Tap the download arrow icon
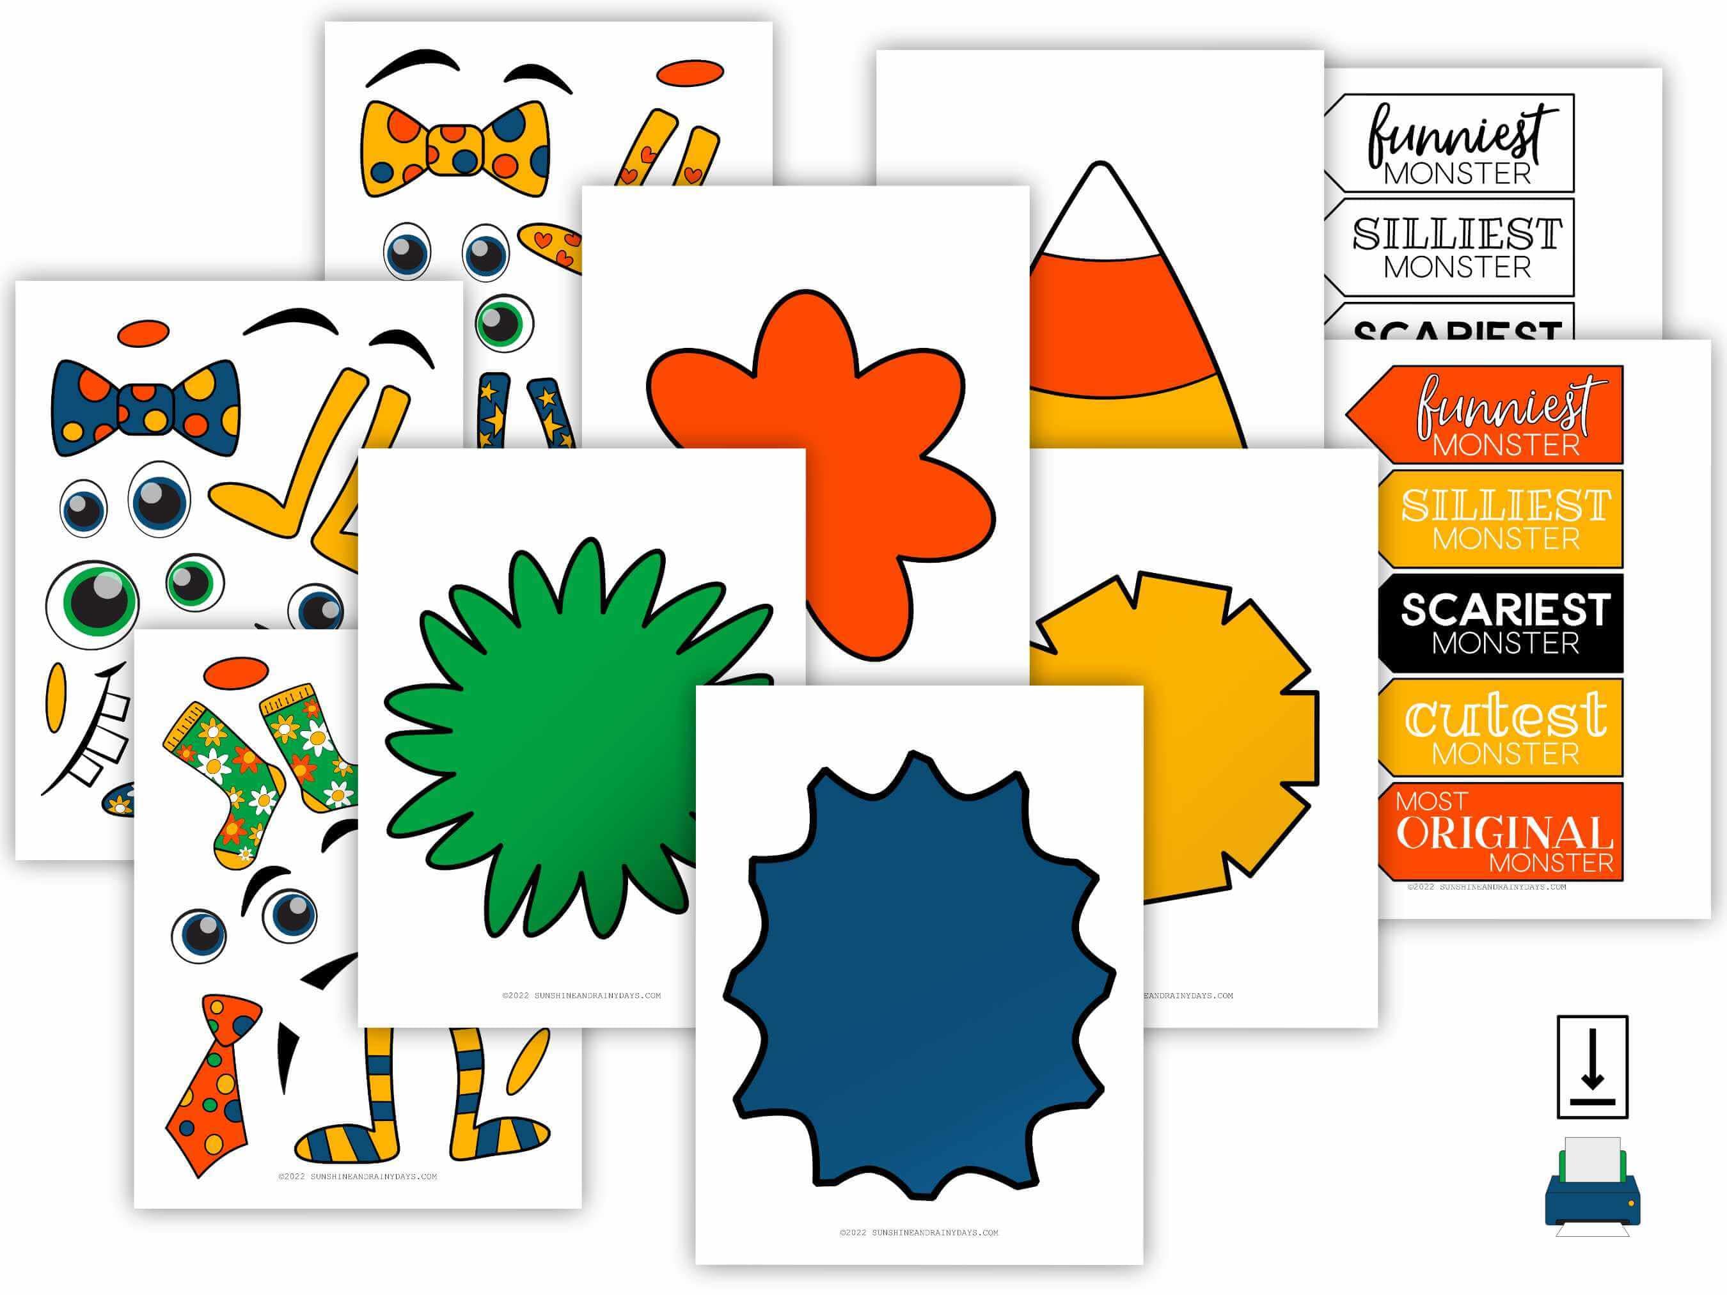click(x=1593, y=1066)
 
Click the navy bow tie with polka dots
click(x=145, y=408)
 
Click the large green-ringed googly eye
click(x=92, y=604)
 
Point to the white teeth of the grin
click(x=102, y=734)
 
